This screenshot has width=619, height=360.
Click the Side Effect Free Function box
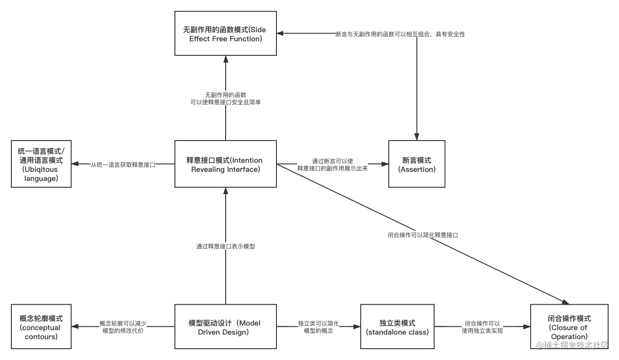tap(226, 34)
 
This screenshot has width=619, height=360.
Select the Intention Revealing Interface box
tap(226, 165)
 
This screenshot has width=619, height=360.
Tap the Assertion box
tap(417, 164)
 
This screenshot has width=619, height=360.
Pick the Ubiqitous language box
tap(41, 165)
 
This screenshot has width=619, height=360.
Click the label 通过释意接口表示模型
tap(226, 247)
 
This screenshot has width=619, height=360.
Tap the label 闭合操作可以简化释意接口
tap(423, 235)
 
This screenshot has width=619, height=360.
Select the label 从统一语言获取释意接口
tap(123, 165)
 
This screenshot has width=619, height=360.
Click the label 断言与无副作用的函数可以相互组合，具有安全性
tap(400, 34)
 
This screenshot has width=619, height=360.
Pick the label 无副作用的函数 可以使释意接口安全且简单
tap(226, 98)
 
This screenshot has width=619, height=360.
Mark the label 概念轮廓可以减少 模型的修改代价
tap(123, 327)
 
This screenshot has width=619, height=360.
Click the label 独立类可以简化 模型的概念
tap(318, 327)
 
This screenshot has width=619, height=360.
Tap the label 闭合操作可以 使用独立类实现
tap(482, 327)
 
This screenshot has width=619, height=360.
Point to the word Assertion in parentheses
tap(417, 169)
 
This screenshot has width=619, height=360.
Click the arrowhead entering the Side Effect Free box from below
tap(226, 60)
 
